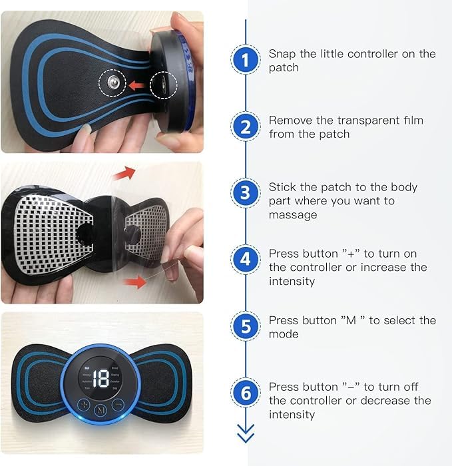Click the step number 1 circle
coord(245,61)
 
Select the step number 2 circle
coord(245,126)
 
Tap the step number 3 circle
coord(245,194)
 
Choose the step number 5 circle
coord(245,326)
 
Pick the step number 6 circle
coord(245,393)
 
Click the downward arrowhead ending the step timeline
coord(245,436)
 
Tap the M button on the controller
coord(101,409)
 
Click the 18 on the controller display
coord(101,380)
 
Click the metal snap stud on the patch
coord(111,84)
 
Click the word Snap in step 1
coord(282,54)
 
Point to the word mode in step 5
coord(283,334)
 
